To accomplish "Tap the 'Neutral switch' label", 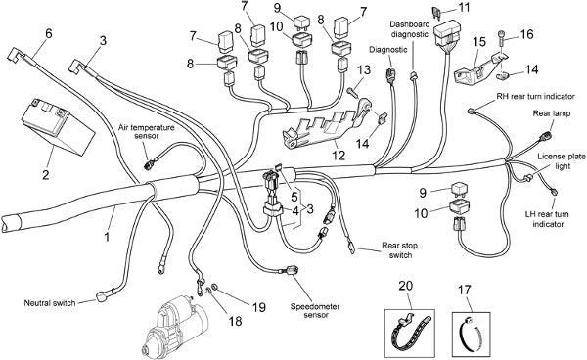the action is (x=50, y=302).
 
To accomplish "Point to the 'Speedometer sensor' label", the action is (x=315, y=311).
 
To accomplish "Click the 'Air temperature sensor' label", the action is (x=147, y=131).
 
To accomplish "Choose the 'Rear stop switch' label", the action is (x=400, y=250).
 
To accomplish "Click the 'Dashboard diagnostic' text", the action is (x=410, y=29).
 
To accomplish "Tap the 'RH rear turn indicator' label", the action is (x=535, y=96).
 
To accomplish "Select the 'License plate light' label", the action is (x=562, y=160).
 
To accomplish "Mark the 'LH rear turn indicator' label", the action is (x=548, y=219).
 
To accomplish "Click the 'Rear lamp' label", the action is (x=552, y=113).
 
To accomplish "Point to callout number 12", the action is (x=339, y=155).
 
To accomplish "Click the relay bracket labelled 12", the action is (x=327, y=126).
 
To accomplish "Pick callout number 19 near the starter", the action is (x=258, y=307).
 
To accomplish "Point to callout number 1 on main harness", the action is (x=107, y=236).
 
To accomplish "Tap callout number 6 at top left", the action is (x=49, y=33).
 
